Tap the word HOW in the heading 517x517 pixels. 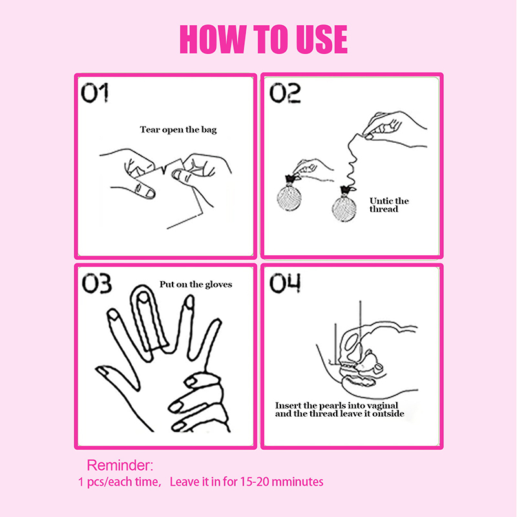pos(213,39)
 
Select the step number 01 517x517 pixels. pos(94,92)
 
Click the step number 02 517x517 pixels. pos(285,93)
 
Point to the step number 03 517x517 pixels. pos(96,283)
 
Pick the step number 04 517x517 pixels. pos(285,283)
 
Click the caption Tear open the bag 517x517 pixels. pos(178,130)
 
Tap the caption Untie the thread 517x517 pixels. pos(389,205)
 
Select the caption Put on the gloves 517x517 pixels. pos(196,284)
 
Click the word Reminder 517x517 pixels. pos(119,465)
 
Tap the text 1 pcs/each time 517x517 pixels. pos(120,482)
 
